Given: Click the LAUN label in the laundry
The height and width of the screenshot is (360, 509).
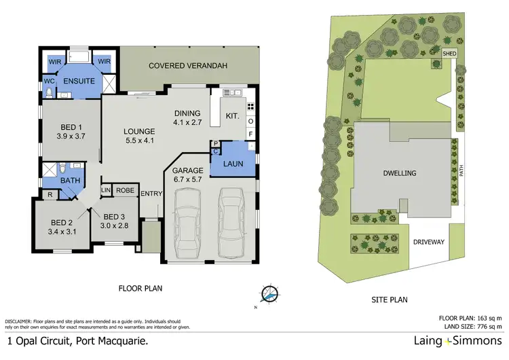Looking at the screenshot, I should [x=233, y=163].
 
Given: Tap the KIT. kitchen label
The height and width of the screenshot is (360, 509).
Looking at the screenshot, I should [x=232, y=116].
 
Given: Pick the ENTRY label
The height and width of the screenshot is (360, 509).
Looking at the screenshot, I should [x=150, y=194].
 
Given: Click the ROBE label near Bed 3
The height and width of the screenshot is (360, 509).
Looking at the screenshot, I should [x=124, y=191].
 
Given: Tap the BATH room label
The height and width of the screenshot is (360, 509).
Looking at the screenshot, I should [x=70, y=181].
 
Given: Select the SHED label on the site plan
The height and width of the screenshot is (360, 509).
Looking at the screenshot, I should [x=448, y=53].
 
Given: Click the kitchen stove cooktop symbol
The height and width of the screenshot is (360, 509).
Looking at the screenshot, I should [x=250, y=107].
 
